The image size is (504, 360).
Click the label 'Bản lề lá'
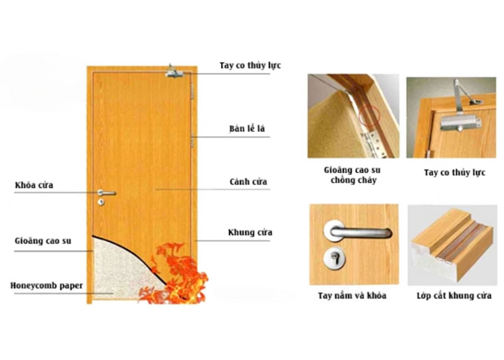[247, 129]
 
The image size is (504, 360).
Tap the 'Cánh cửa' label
[248, 181]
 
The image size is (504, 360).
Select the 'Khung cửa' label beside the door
[250, 232]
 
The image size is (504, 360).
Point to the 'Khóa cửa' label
[34, 185]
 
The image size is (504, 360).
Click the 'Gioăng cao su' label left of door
[42, 240]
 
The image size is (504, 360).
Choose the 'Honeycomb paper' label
[47, 286]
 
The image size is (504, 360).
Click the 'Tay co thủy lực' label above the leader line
[250, 66]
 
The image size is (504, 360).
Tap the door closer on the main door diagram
[174, 72]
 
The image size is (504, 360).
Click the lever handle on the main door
[107, 193]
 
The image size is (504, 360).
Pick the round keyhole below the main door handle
[101, 202]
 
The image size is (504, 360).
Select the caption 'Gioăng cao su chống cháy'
[352, 175]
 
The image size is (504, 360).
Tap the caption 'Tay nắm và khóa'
[352, 295]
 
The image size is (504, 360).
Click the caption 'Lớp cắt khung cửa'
[454, 295]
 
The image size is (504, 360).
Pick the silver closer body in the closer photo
[460, 123]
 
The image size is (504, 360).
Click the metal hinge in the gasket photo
[373, 144]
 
